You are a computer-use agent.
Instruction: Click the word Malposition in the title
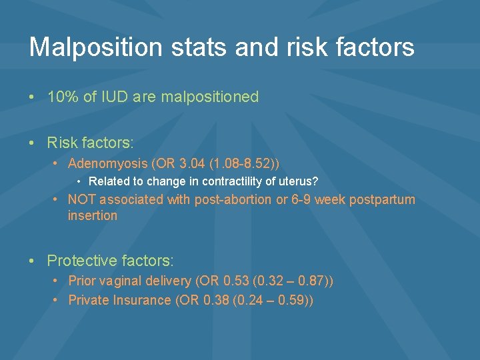[x=95, y=47]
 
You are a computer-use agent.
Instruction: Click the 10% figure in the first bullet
[x=63, y=97]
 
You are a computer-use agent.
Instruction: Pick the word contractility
[x=221, y=181]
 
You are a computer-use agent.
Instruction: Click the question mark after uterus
[x=315, y=181]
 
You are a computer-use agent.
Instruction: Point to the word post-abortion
[x=234, y=199]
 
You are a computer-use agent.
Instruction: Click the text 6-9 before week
[x=300, y=199]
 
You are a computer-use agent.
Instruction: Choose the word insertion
[x=92, y=215]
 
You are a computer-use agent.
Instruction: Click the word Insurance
[x=141, y=300]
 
